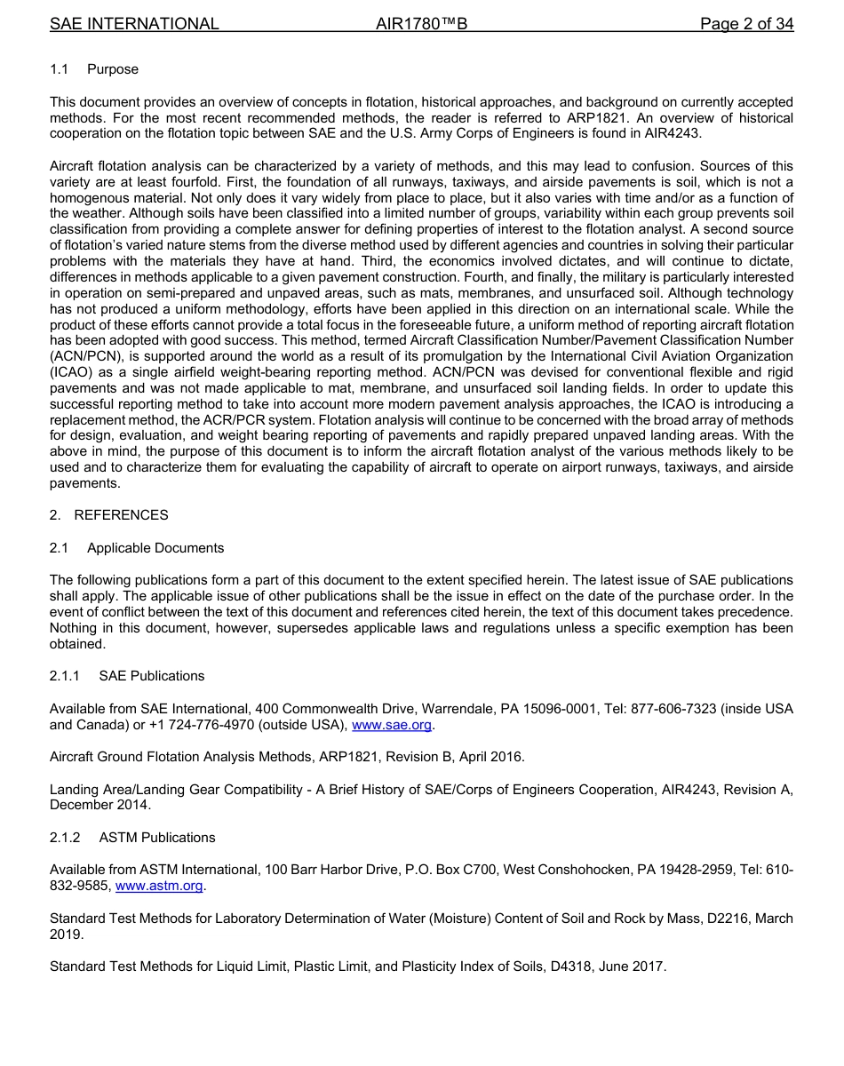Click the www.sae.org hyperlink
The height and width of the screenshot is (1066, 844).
(x=392, y=725)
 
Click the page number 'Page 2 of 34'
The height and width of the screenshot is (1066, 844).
(x=746, y=24)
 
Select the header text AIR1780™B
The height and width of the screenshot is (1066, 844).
(x=421, y=24)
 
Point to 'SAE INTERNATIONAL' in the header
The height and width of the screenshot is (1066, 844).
(x=134, y=24)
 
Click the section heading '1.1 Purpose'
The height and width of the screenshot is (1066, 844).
(x=94, y=69)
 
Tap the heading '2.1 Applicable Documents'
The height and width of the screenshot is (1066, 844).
(x=137, y=548)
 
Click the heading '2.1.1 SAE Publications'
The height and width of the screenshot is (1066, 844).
(x=127, y=676)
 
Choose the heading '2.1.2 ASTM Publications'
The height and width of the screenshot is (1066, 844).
(x=132, y=838)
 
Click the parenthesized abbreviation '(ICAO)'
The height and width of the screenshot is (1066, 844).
(x=72, y=372)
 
